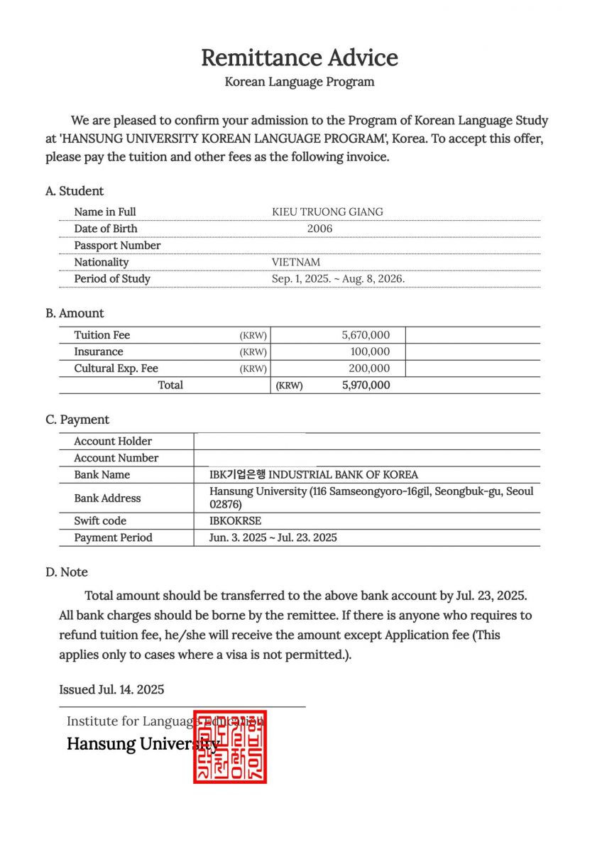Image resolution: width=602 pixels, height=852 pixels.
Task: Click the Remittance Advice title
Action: [300, 58]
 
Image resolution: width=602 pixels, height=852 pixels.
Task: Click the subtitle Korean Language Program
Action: [300, 82]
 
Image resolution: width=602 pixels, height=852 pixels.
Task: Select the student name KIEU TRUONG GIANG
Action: [327, 212]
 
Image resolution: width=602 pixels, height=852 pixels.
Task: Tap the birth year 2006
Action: [319, 229]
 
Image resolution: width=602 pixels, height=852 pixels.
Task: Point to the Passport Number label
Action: [117, 246]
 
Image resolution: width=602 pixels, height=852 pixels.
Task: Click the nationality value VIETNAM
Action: [296, 262]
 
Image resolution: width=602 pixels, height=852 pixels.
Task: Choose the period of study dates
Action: [338, 279]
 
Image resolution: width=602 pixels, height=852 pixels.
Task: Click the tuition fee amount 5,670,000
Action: [366, 335]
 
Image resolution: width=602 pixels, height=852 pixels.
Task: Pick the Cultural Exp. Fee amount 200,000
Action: [369, 368]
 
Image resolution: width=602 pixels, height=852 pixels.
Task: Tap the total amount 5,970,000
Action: [366, 386]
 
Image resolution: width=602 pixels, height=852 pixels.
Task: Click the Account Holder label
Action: [113, 441]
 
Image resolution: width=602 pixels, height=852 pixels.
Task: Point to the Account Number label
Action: [116, 458]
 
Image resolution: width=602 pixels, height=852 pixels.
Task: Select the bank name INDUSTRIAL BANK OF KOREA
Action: [314, 474]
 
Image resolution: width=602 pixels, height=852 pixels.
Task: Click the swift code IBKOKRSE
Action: [235, 520]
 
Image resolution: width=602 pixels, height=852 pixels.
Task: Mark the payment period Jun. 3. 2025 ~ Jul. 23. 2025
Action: [273, 537]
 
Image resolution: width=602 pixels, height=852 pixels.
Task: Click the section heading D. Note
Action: [67, 572]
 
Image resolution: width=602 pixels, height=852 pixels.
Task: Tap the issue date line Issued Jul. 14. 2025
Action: [111, 689]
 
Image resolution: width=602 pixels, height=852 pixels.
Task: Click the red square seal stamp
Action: [230, 747]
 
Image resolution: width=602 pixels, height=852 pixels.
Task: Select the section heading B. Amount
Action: [75, 313]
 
